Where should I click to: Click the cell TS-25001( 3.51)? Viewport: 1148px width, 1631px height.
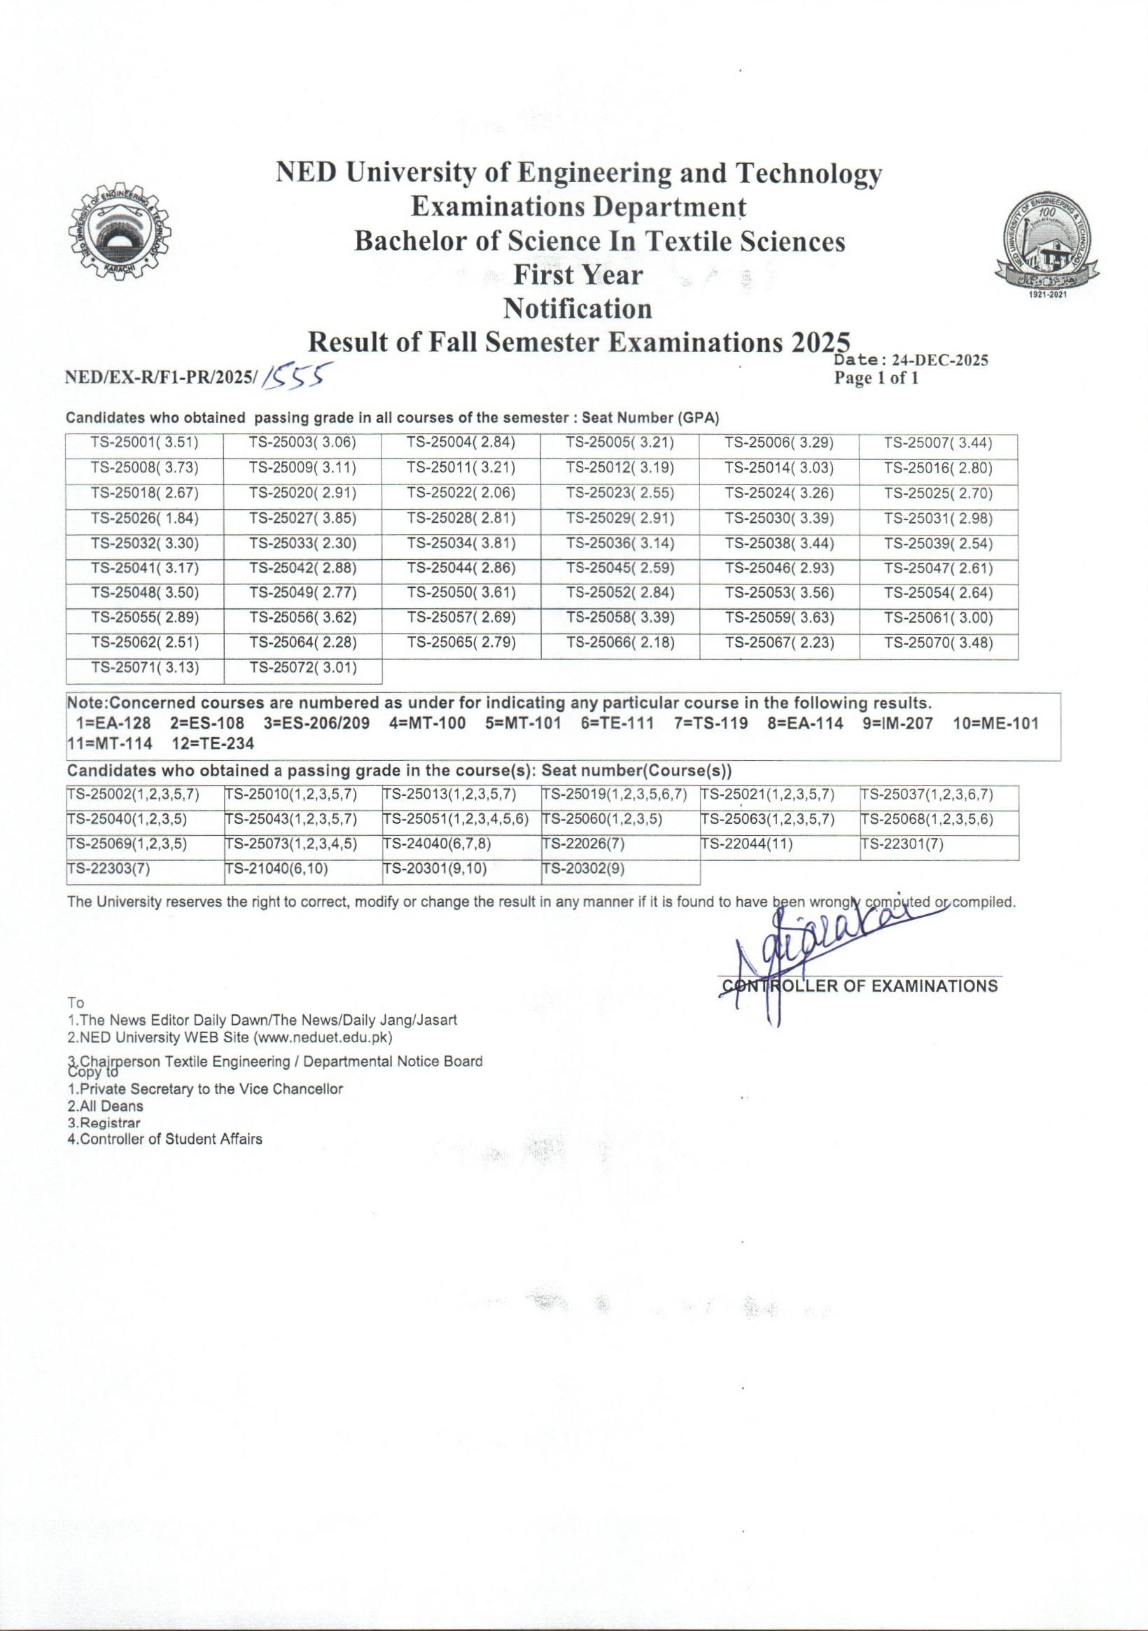click(144, 444)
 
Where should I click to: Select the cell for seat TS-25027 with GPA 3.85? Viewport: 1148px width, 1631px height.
click(302, 519)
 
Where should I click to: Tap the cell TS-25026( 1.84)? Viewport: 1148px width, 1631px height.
click(144, 519)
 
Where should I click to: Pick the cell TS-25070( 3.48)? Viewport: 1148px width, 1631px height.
click(938, 643)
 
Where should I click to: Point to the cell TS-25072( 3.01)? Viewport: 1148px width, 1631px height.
click(302, 668)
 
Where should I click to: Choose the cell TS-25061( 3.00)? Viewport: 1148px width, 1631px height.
click(938, 619)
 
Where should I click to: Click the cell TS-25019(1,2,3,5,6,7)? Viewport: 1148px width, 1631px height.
click(620, 795)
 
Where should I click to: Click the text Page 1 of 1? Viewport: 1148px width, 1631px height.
click(876, 379)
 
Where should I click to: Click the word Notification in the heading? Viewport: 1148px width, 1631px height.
click(577, 309)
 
